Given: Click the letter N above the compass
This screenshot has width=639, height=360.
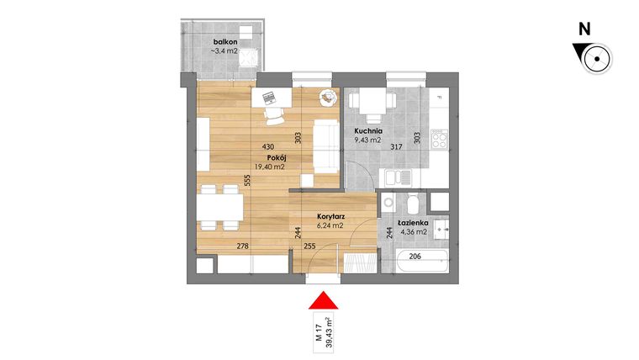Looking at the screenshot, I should pos(584,29).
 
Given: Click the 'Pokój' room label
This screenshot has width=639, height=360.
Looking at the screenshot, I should pos(278,157).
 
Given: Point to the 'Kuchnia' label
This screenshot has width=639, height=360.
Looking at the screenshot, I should pos(368,131).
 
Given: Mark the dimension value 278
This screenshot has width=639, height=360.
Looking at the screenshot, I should pos(242,246).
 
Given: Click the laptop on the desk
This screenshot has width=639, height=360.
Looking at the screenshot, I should pos(271,98).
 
